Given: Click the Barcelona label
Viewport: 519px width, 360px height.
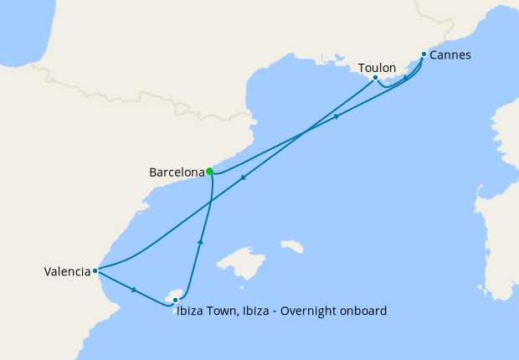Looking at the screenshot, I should click(x=176, y=172).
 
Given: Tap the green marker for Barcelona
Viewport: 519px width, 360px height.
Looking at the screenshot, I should click(x=209, y=172).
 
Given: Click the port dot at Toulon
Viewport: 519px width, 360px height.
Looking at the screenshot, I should click(x=375, y=78).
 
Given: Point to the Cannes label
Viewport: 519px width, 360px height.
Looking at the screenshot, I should click(x=450, y=55).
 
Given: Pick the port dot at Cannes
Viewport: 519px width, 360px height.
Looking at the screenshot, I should click(x=424, y=54).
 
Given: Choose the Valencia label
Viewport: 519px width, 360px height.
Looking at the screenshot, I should click(x=67, y=271).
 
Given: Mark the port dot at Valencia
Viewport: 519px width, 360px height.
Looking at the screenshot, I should click(x=96, y=270).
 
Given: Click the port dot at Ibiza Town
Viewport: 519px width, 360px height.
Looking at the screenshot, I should click(x=175, y=300).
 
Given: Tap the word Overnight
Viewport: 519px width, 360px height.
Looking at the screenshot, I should click(x=309, y=311).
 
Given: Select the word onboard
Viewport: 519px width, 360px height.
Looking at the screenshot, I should click(x=362, y=311).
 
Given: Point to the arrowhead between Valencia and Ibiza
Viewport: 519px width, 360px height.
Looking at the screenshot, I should click(x=134, y=290).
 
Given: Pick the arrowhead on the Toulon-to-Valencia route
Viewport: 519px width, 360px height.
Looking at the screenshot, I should click(x=243, y=177).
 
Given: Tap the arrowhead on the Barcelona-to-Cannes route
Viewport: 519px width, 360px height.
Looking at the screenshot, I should click(x=337, y=116).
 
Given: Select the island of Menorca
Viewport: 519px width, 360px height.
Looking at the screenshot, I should click(x=291, y=247).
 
